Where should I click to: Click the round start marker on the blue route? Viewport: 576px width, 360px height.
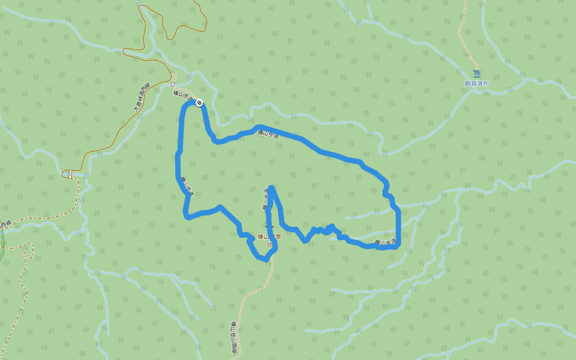coord(199,103)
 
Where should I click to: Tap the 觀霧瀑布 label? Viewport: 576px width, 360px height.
coord(477,83)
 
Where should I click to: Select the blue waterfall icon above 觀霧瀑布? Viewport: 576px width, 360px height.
coord(476,74)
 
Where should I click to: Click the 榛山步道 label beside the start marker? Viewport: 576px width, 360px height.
coord(183,95)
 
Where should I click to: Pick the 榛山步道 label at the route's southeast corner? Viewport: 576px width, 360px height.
coord(385,242)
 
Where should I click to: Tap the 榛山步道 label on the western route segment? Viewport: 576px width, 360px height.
coord(188,185)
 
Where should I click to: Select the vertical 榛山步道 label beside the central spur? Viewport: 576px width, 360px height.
coord(265,199)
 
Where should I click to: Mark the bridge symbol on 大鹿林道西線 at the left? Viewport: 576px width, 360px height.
coord(68,174)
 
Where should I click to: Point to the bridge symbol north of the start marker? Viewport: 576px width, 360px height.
coord(174,80)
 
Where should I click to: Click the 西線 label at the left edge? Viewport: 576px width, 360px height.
coord(5,224)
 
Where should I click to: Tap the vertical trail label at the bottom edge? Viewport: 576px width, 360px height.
coord(234,339)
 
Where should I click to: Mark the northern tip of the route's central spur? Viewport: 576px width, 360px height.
coord(272,188)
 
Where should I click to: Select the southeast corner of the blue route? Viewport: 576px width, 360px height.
coord(397,245)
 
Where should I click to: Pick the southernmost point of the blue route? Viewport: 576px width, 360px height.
coord(265,259)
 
